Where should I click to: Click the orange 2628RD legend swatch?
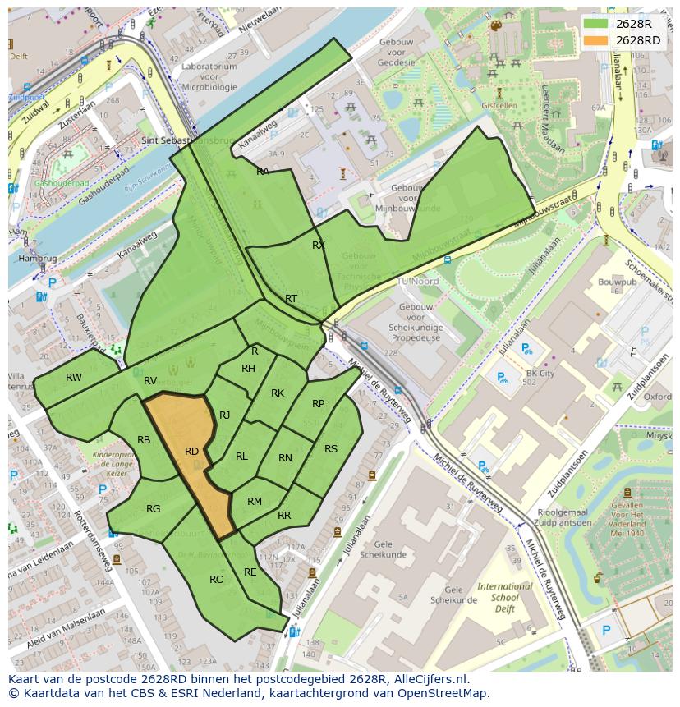596,40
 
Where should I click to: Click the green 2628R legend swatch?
596,24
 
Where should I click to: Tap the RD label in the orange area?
191,452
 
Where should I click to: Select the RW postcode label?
74,378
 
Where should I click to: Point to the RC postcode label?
216,579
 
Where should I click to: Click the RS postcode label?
331,449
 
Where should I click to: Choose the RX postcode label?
319,246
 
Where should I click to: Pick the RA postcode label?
263,172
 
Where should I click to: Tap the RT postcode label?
291,299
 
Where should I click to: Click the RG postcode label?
154,509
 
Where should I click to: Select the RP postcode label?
319,403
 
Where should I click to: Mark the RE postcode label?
250,572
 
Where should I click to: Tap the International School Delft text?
505,598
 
